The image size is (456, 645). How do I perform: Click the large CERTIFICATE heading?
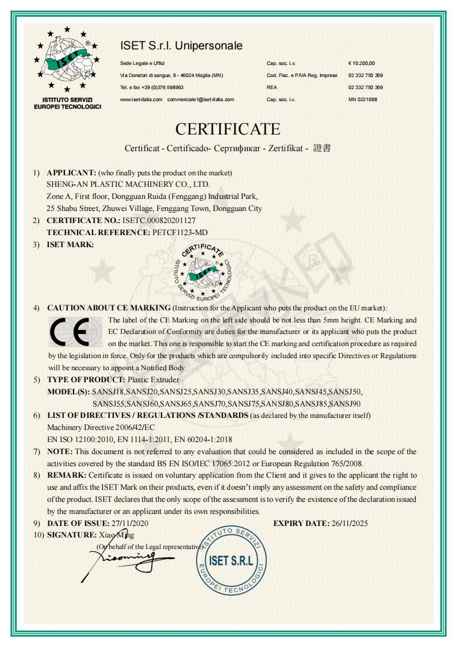228,129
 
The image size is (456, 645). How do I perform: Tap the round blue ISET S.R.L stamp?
231,560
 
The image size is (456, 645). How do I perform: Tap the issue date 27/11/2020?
130,523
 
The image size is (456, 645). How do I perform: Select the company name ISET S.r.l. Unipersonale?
181,45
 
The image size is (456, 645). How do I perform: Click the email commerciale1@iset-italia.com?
201,99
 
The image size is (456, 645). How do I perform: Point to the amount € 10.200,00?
361,63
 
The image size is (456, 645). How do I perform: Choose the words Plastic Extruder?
153,379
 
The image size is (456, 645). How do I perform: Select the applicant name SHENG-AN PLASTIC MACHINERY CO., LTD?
128,185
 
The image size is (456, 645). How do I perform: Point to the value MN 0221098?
362,99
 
